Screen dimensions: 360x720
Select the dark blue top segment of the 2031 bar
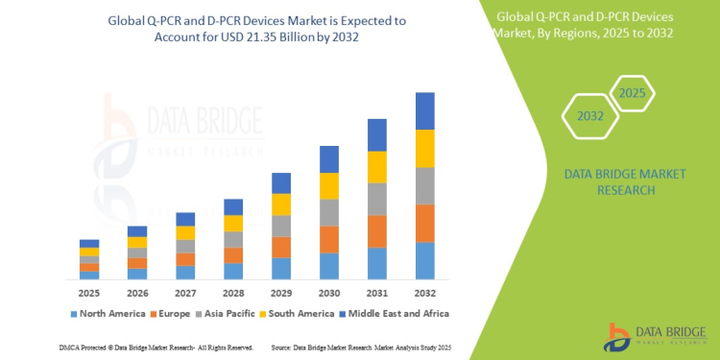[377, 134]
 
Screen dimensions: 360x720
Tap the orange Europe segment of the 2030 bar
[329, 239]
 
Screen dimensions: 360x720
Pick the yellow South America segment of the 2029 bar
[281, 204]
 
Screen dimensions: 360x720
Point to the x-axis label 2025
[89, 292]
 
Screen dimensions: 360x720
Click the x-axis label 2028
[233, 292]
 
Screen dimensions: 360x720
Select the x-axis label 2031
[377, 292]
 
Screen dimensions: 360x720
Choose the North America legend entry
[108, 313]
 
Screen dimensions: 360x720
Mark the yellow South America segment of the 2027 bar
[185, 232]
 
